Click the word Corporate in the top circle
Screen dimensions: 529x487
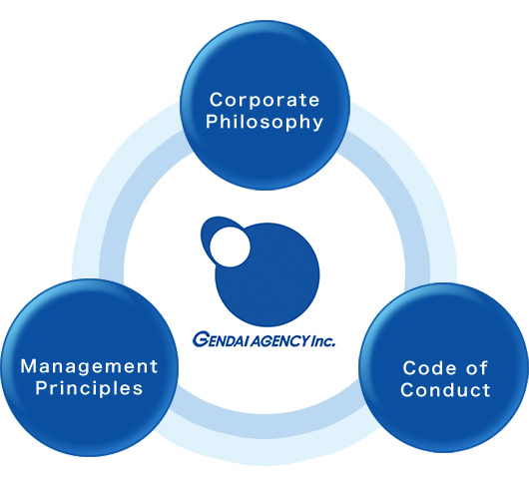264,100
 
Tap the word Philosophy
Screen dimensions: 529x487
264,123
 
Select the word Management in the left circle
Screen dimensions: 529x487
89,366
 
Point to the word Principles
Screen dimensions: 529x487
89,388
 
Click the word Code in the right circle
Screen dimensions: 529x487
428,368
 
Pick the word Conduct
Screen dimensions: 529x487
445,390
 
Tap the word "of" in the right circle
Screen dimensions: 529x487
477,367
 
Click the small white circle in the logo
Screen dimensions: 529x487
231,246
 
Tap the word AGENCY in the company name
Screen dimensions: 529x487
279,341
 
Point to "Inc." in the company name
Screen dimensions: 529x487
323,341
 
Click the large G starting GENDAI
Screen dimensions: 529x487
200,340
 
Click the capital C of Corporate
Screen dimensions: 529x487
216,100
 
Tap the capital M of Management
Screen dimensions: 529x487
28,366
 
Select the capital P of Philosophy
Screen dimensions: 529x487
212,121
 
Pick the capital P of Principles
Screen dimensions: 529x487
41,387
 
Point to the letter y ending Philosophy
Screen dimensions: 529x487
317,125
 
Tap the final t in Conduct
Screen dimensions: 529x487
486,390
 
